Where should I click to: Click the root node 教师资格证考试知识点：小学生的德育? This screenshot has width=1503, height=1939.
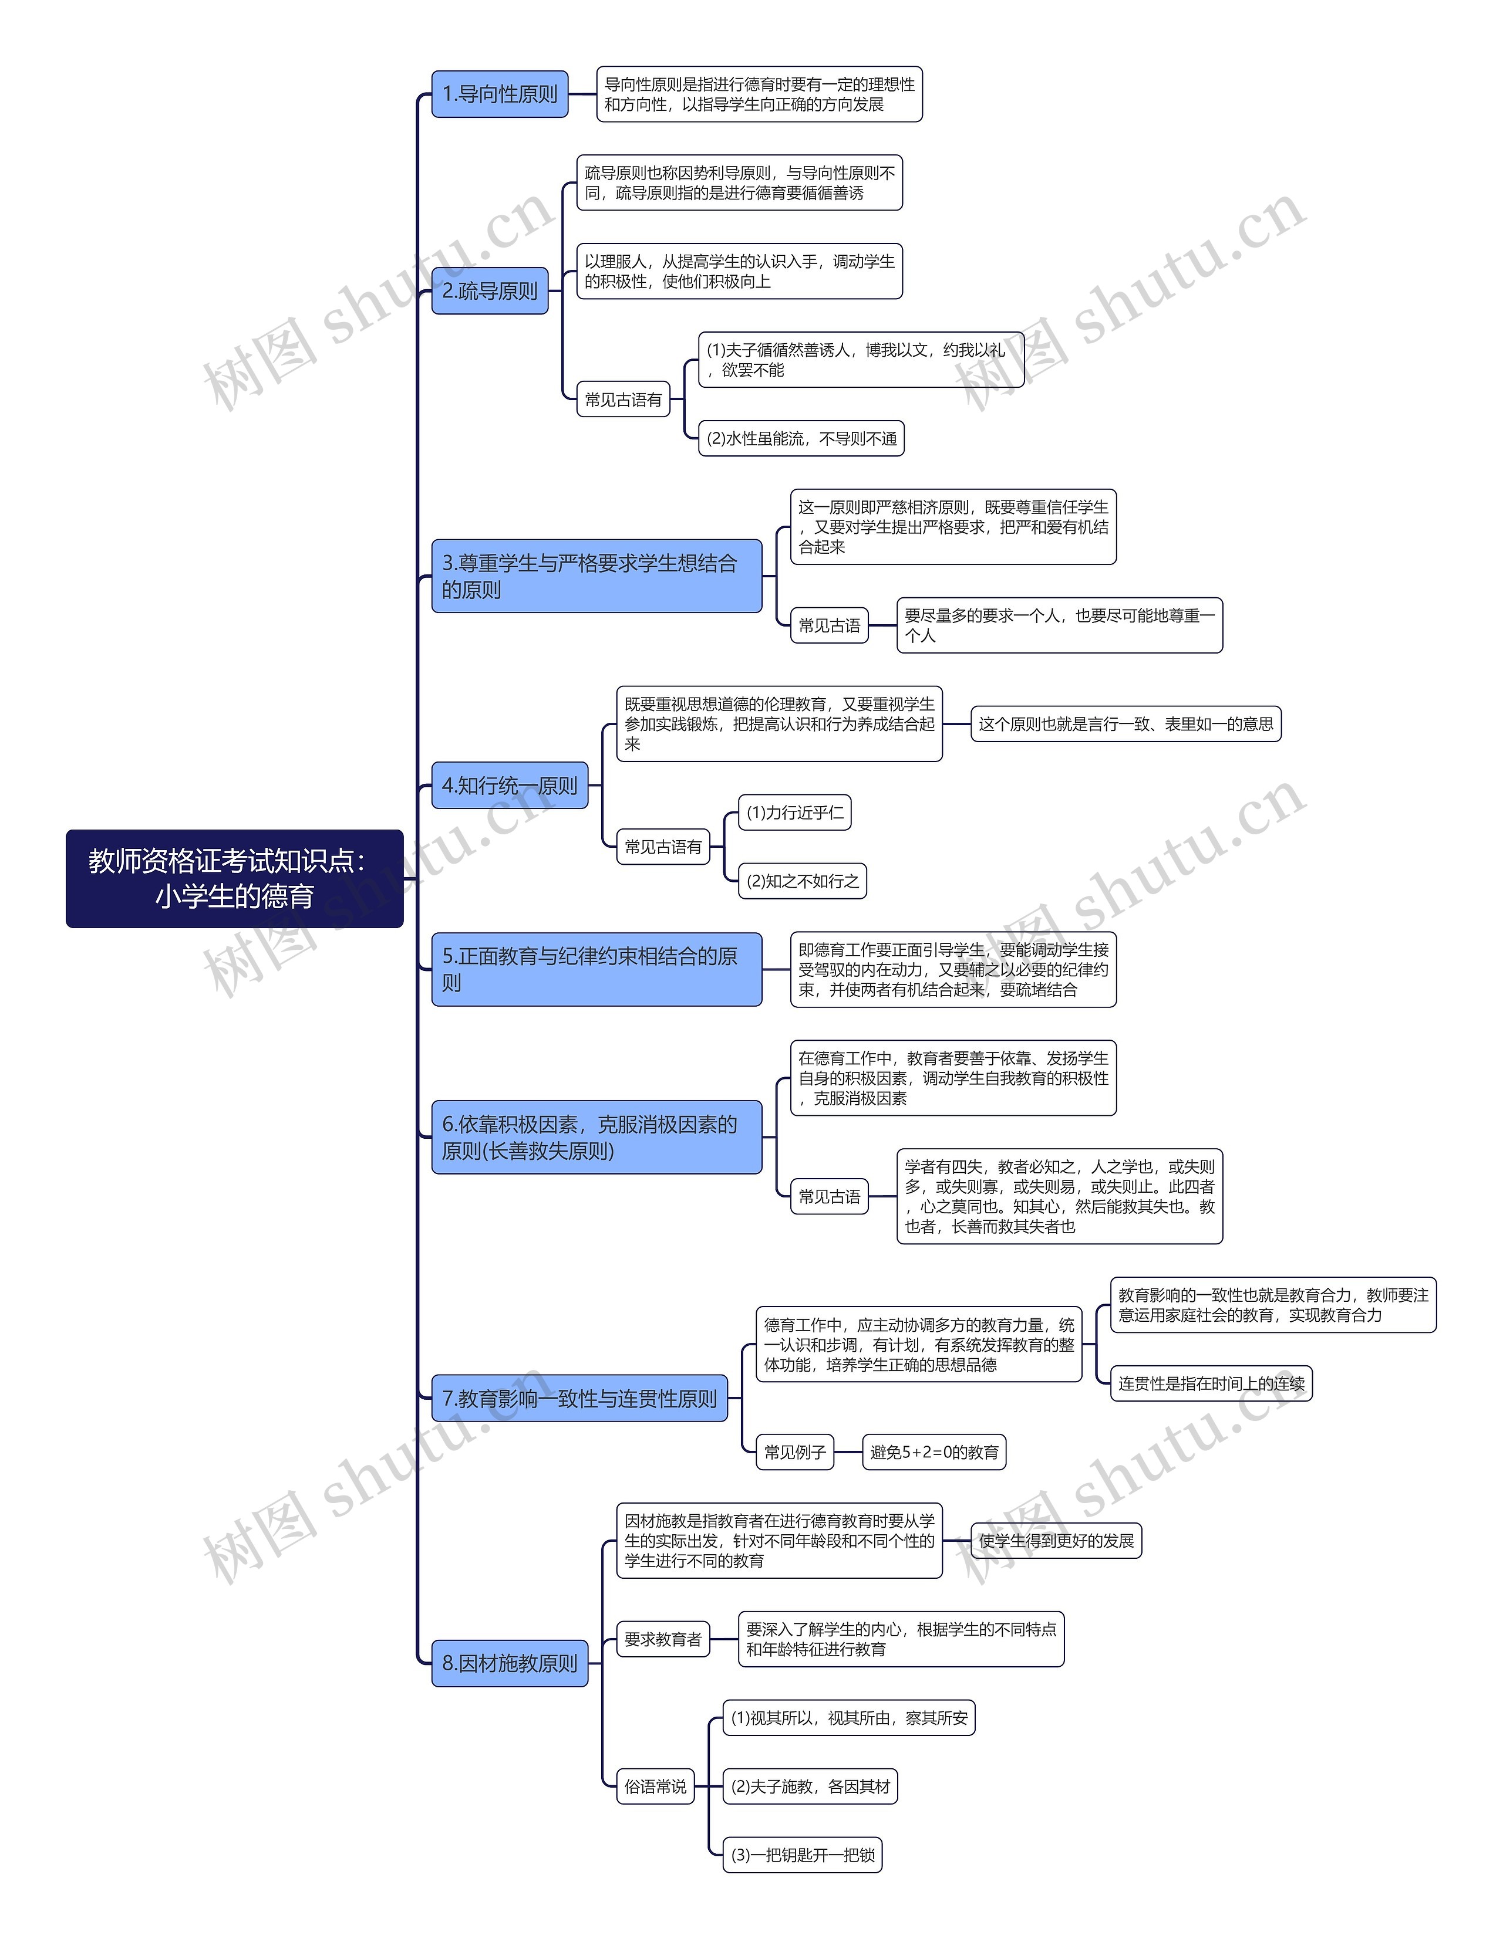(234, 878)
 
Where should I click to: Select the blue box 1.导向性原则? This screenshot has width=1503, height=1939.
(499, 94)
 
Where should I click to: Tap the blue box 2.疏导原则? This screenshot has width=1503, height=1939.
(490, 291)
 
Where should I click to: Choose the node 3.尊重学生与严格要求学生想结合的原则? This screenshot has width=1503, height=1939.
(596, 576)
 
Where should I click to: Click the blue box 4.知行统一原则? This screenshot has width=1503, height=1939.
(509, 786)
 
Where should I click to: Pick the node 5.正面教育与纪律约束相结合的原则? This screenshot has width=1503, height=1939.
(596, 969)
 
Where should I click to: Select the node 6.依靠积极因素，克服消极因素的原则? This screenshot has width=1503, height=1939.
(596, 1138)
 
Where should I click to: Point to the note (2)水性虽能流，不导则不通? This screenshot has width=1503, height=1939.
(801, 439)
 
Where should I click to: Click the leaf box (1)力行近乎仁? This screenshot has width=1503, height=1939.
(794, 813)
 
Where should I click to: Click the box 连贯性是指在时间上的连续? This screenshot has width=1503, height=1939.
(1211, 1383)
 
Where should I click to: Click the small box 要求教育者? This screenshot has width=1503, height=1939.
(663, 1639)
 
